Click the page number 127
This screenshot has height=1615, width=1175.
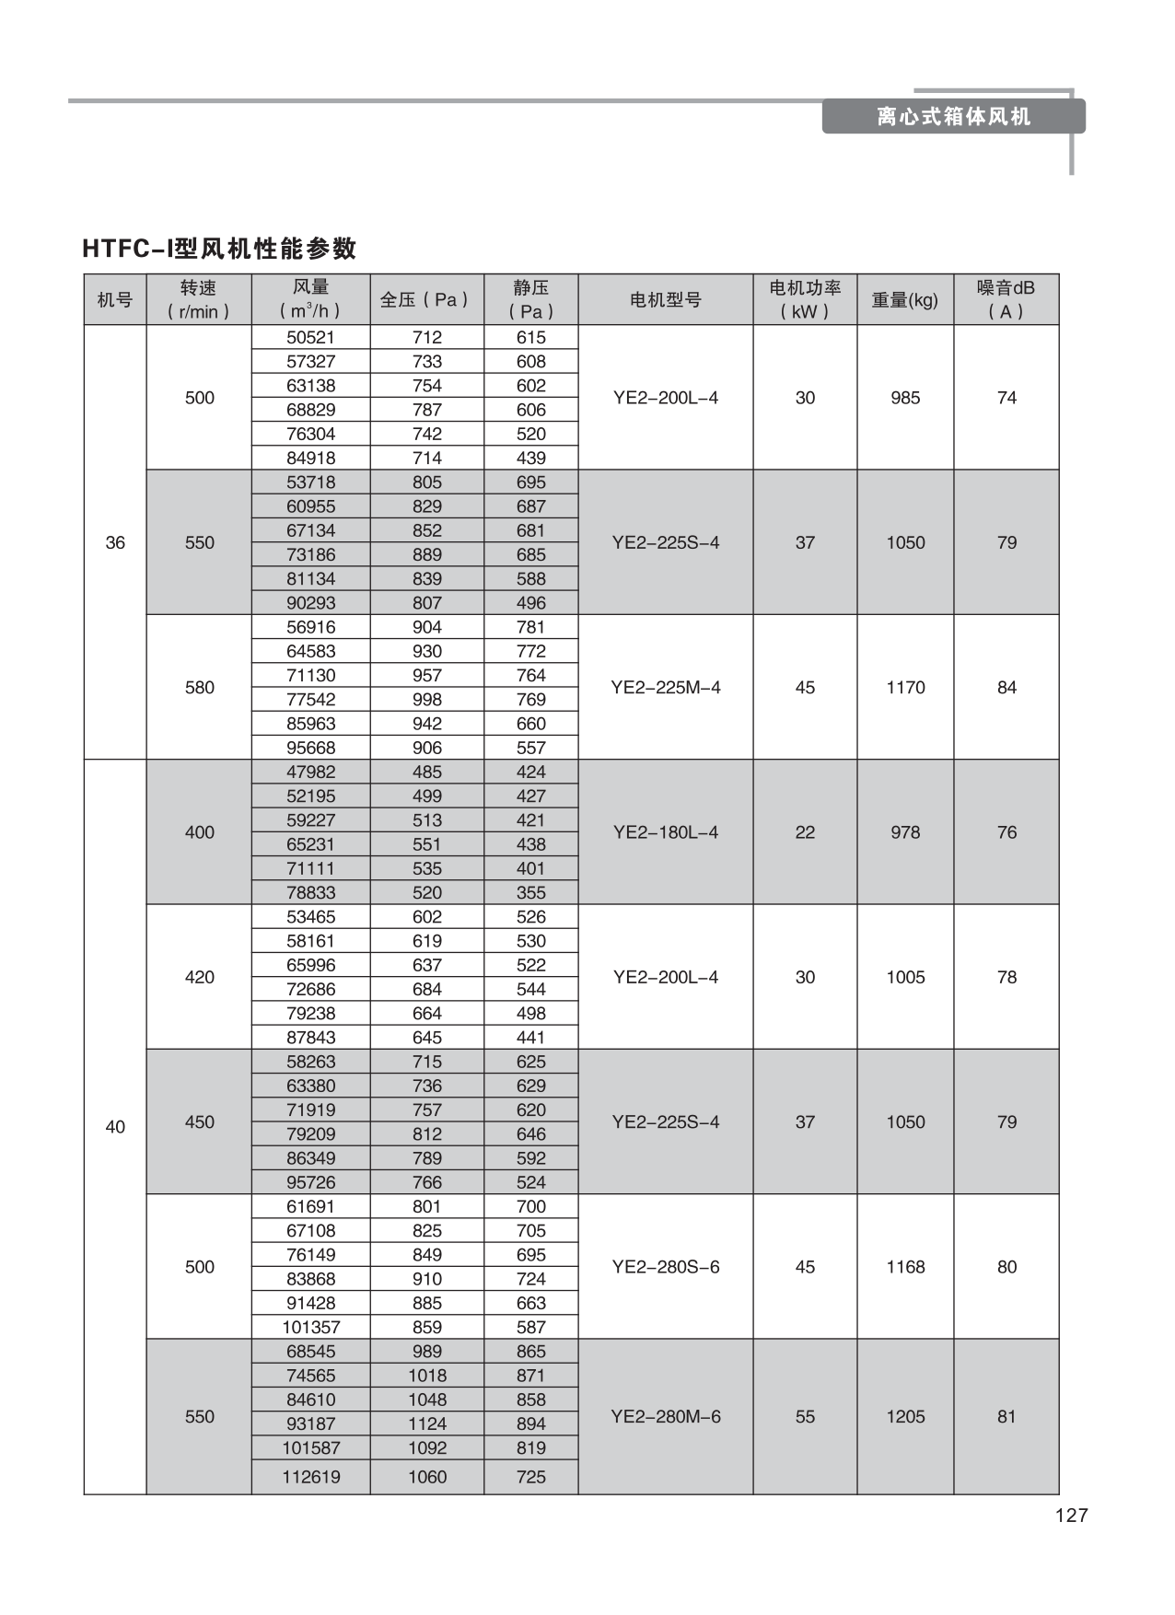[1071, 1515]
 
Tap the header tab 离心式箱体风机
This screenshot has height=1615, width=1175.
[953, 117]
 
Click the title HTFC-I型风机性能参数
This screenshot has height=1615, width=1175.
[219, 249]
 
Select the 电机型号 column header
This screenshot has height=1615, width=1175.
[665, 299]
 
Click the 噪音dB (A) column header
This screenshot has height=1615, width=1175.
[1006, 299]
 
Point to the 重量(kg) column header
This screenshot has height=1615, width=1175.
[904, 299]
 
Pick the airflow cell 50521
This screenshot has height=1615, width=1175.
[310, 337]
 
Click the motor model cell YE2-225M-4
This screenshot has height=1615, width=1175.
[665, 687]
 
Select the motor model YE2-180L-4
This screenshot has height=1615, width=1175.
[665, 831]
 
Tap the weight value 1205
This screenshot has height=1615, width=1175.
[904, 1416]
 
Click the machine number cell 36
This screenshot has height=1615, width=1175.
[115, 542]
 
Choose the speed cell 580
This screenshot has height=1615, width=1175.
[199, 687]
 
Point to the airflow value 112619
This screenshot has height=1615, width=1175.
[310, 1476]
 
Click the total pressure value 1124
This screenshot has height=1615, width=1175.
[426, 1423]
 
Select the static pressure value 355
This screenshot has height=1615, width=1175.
[530, 892]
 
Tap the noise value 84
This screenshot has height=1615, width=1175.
[1006, 687]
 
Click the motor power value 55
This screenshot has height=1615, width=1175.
[804, 1416]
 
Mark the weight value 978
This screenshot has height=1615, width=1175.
[904, 831]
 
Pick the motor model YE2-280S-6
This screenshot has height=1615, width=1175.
[665, 1266]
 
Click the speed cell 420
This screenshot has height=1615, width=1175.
[199, 976]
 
